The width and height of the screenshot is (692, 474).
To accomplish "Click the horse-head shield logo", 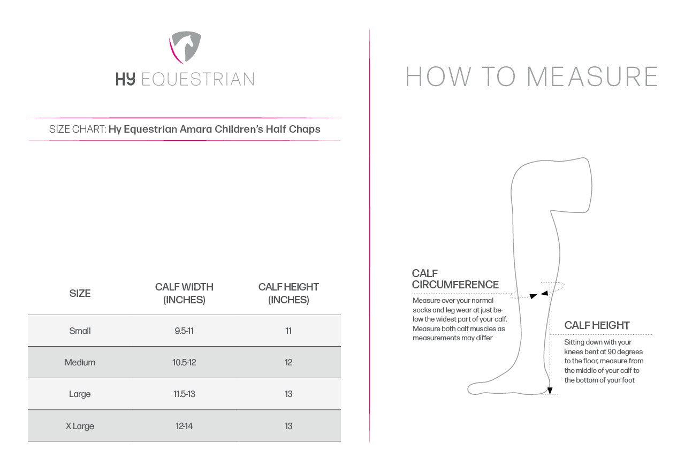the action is coord(185,47).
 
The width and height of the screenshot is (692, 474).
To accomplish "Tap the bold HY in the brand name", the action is coord(125,79).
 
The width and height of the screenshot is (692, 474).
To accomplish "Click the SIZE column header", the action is coord(80,293).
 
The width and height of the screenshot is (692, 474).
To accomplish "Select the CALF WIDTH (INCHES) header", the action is coord(184,293).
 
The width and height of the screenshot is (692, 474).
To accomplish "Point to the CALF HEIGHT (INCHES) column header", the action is coord(288,293).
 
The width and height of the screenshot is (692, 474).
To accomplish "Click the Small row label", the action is coord(80,331).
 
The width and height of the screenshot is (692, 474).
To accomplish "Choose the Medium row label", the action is coord(80,362).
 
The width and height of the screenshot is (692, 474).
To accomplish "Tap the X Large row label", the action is coord(80,426).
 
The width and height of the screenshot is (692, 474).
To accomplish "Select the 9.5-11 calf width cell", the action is coord(184,331).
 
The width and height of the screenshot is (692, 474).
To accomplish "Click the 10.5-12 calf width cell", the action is coord(184,362).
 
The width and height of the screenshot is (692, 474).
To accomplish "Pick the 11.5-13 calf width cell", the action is coord(184,394).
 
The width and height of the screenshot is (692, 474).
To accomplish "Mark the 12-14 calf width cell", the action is coord(184,426).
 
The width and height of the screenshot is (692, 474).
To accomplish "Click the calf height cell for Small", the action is coord(288,331).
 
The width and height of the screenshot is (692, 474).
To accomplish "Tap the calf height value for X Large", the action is coord(288,426).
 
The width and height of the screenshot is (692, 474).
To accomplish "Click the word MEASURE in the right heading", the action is coord(592,77).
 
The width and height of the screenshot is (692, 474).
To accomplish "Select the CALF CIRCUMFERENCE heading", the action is coord(455,279).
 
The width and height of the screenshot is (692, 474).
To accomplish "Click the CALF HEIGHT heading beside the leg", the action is coord(597,325).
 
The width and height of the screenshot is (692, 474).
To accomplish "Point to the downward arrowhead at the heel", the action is coord(550,391).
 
